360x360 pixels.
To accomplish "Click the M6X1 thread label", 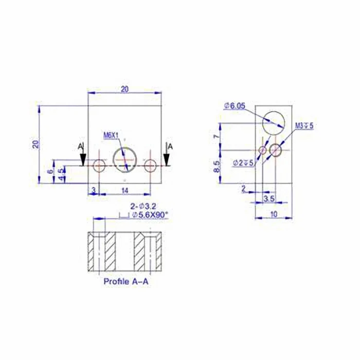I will tap(111, 135).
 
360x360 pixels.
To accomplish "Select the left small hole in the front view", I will tap(99, 166).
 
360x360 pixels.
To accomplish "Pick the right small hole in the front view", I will tap(150, 166).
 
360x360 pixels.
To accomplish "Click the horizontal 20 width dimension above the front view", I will tap(124, 89).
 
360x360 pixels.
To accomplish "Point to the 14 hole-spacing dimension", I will tap(124, 190).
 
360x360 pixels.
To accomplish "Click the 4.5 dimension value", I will tap(62, 173).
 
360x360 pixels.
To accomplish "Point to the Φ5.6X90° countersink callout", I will tap(149, 215).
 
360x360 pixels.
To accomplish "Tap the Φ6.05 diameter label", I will tap(235, 106).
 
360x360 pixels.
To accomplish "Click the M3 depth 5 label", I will tap(304, 125).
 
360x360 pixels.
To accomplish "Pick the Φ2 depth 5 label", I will tap(243, 163).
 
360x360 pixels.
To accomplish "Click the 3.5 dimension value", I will tap(268, 198).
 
